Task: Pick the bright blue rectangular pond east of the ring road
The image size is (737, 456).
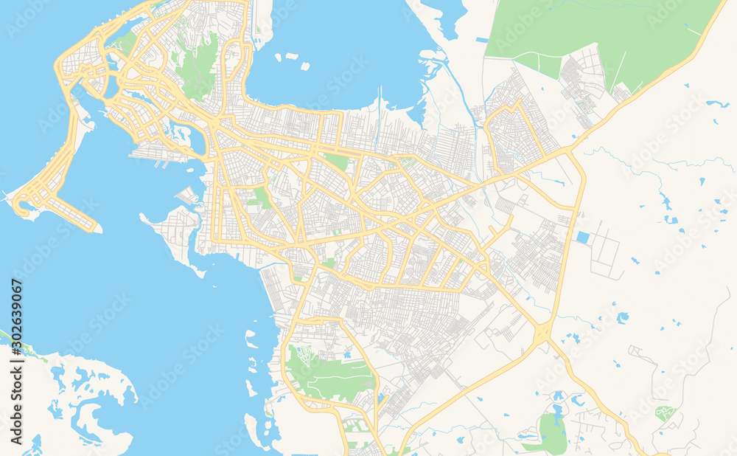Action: [x=583, y=238]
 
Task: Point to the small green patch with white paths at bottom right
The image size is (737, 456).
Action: [x=664, y=412]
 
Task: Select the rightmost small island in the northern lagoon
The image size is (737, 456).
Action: [x=304, y=66]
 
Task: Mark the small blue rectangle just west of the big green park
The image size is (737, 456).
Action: [x=482, y=39]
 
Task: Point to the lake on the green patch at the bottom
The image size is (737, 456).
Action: [x=556, y=410]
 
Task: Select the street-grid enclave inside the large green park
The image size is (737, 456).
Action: [x=582, y=81]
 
